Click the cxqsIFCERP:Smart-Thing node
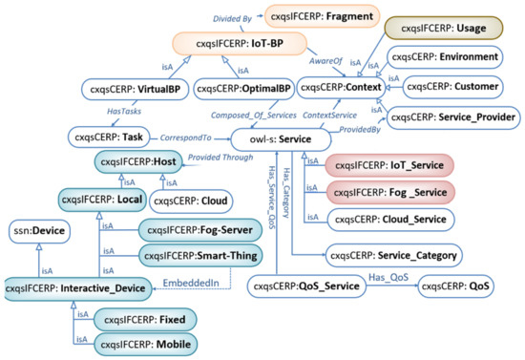pos(199,255)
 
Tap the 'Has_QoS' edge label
pos(387,276)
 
